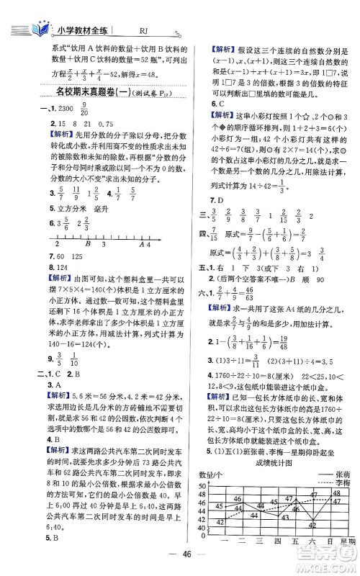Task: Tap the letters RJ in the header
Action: pyautogui.click(x=144, y=31)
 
